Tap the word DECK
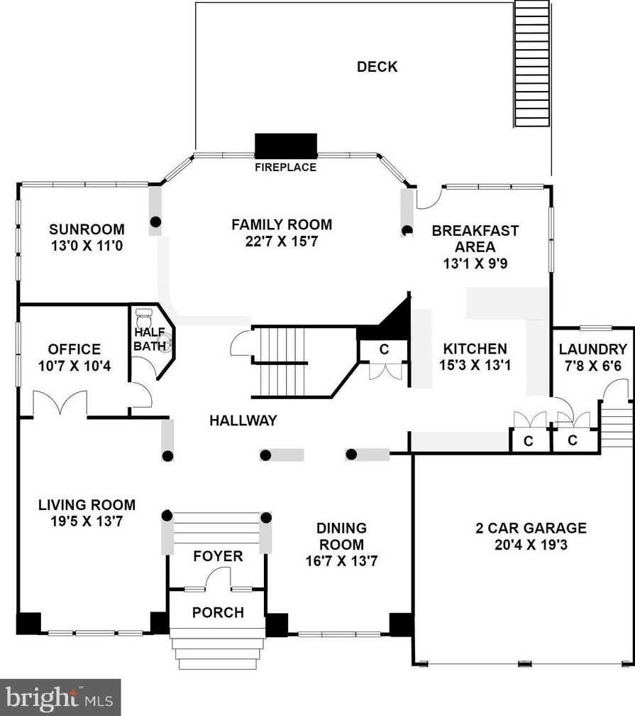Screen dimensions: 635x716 pyautogui.click(x=377, y=67)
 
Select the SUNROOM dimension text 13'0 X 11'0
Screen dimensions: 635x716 pyautogui.click(x=87, y=246)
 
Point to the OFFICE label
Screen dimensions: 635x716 pyautogui.click(x=74, y=349)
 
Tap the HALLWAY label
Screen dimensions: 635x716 pyautogui.click(x=243, y=420)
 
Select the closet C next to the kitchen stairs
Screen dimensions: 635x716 pyautogui.click(x=384, y=349)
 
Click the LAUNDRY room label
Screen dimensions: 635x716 pyautogui.click(x=593, y=349)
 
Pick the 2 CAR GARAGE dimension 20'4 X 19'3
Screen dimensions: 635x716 pyautogui.click(x=531, y=545)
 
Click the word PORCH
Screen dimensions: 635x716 pyautogui.click(x=218, y=612)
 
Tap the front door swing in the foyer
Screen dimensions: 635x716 pyautogui.click(x=218, y=577)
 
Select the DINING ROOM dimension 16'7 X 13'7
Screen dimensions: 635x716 pyautogui.click(x=342, y=560)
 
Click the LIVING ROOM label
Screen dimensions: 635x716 pyautogui.click(x=87, y=504)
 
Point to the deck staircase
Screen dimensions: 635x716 pyautogui.click(x=533, y=64)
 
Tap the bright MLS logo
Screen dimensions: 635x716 pyautogui.click(x=60, y=698)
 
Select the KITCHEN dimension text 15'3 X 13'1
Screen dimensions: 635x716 pyautogui.click(x=475, y=365)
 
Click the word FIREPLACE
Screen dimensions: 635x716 pyautogui.click(x=285, y=167)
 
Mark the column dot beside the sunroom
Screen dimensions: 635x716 pyautogui.click(x=156, y=222)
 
